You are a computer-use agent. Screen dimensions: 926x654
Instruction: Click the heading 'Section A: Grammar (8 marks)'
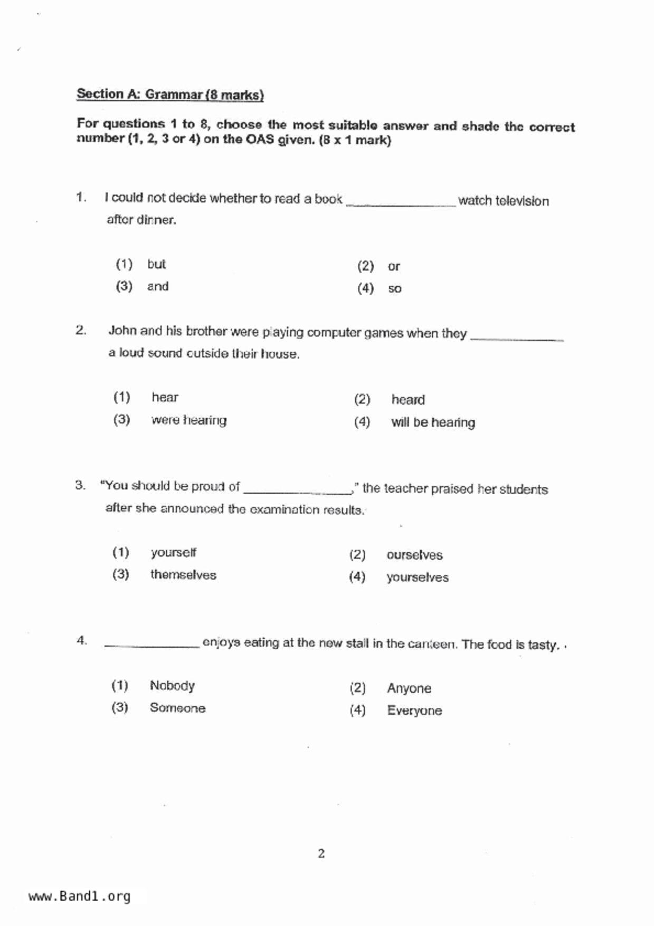170,95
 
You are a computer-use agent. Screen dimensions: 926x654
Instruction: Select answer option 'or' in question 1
394,267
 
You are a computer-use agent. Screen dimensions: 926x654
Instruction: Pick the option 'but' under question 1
156,264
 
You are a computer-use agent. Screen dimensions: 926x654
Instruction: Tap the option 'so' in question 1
395,289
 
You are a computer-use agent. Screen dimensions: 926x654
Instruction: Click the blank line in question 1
401,203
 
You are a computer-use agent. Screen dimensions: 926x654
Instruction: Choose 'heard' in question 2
408,400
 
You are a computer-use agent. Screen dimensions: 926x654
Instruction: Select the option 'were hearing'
189,420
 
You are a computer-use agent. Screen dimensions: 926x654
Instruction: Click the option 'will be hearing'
433,422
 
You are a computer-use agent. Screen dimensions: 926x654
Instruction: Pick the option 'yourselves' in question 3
417,577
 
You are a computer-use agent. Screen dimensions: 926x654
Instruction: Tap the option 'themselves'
183,574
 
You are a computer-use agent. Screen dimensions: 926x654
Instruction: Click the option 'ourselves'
414,555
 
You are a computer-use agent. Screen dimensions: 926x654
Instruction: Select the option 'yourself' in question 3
173,552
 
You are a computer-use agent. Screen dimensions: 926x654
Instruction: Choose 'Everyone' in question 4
414,711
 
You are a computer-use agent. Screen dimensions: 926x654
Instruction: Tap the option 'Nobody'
172,685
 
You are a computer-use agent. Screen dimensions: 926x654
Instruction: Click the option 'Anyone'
409,688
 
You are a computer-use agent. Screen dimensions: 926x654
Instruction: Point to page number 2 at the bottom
321,853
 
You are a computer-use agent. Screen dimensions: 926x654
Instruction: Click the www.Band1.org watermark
80,896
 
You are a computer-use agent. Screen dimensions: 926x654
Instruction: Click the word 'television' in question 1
522,201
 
